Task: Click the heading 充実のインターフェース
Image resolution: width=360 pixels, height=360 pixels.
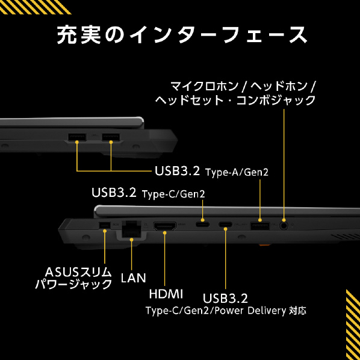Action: pos(182,35)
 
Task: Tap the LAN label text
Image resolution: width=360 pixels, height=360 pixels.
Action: pos(134,278)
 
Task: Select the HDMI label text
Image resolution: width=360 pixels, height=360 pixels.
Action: pos(166,294)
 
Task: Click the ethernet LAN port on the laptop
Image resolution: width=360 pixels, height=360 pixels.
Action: pos(132,229)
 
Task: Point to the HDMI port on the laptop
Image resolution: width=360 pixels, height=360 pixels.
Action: pos(164,226)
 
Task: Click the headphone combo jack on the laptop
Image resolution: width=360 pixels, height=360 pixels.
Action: pos(284,226)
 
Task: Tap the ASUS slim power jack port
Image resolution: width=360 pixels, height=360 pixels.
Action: pos(105,226)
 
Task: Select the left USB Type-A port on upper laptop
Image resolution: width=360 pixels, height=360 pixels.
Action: pos(77,137)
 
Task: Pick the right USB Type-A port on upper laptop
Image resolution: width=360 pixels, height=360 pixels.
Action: pos(111,137)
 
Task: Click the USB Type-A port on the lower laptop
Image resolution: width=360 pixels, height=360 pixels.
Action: pos(260,226)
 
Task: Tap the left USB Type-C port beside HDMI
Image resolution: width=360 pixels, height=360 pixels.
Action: pos(202,225)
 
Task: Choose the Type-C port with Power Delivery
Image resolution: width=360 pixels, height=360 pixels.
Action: pos(225,225)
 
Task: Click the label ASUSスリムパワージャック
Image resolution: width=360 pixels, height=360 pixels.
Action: pos(73,278)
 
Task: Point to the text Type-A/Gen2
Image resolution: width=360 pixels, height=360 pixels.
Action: pos(237,172)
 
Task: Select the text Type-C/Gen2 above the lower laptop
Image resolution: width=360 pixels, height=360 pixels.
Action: pos(173,194)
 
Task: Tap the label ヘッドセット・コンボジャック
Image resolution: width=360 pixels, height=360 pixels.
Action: pos(235,101)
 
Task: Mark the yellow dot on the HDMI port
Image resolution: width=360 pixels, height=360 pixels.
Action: pos(164,233)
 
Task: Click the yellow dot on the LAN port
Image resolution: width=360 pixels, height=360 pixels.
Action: pos(132,240)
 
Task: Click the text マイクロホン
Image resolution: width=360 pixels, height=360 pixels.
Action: pos(205,86)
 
